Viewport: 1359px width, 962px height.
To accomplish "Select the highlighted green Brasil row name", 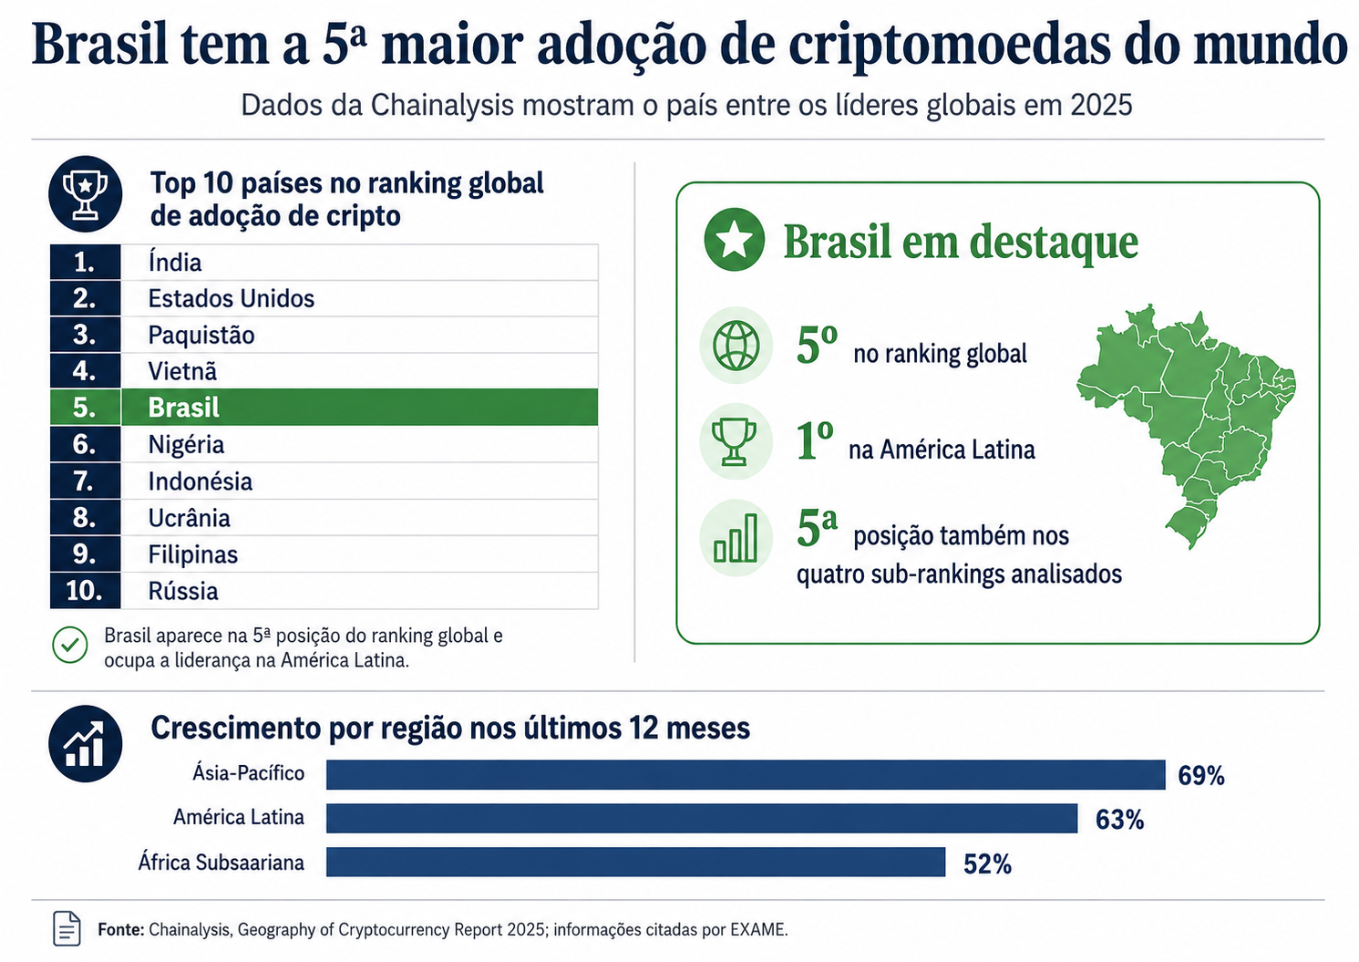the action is [183, 408].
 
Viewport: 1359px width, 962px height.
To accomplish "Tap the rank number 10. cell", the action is [85, 591].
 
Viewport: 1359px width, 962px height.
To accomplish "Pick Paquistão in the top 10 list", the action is [201, 335].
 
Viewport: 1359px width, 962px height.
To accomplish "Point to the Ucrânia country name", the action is [190, 518].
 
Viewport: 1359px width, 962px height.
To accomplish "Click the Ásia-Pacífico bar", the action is [746, 774].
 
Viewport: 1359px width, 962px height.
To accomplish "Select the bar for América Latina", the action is [702, 818].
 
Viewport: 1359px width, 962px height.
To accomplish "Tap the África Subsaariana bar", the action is [636, 862].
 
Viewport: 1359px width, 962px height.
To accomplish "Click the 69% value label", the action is [1201, 776].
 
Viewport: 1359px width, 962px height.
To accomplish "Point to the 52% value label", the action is [988, 864].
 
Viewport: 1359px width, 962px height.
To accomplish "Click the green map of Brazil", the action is [1186, 425].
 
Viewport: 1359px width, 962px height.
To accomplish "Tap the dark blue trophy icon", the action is [86, 194].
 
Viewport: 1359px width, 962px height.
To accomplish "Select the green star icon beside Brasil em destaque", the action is [734, 239].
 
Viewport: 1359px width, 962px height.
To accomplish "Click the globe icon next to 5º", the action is [736, 346].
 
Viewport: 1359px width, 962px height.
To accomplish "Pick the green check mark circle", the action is [70, 645].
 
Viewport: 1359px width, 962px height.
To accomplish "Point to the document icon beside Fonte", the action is [67, 928].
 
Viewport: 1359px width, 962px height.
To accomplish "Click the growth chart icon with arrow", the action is [86, 743].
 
